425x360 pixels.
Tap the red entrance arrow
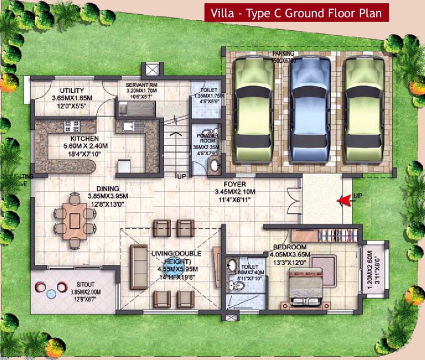click(345, 201)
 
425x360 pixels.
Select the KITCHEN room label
click(84, 139)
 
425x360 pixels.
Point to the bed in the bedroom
click(306, 285)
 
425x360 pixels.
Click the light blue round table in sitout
click(51, 293)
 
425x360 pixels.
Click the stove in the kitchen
click(72, 126)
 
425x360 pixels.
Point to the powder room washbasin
click(214, 165)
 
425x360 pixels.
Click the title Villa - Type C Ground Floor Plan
click(296, 13)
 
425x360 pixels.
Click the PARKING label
click(283, 53)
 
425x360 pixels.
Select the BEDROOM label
click(289, 247)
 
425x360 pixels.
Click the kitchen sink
click(128, 126)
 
